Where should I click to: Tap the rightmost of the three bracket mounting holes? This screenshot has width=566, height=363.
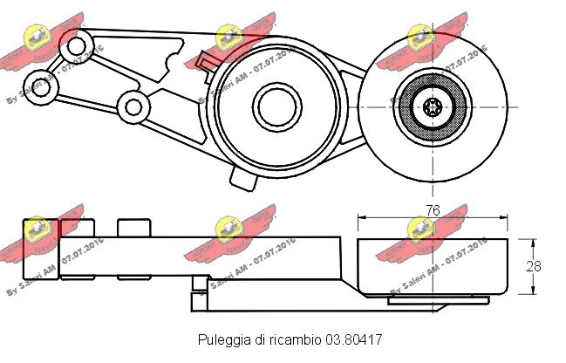coord(133,106)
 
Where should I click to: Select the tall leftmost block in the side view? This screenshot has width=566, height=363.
coord(40,250)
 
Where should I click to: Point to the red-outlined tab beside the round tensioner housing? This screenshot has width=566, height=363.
coord(207,62)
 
